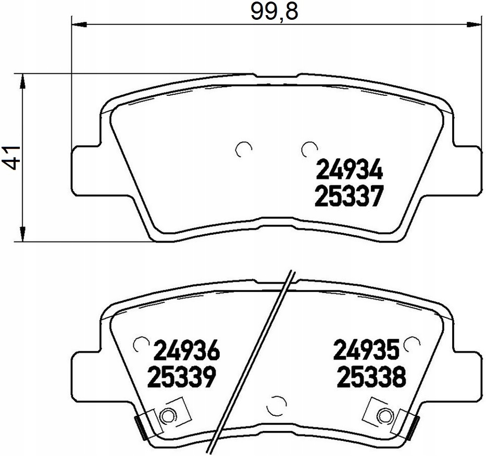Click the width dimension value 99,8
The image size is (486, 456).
pyautogui.click(x=274, y=12)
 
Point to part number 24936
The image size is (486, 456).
pyautogui.click(x=186, y=351)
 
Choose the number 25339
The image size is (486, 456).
pyautogui.click(x=181, y=377)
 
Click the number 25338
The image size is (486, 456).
pyautogui.click(x=371, y=377)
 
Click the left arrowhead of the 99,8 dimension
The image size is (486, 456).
pyautogui.click(x=79, y=23)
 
